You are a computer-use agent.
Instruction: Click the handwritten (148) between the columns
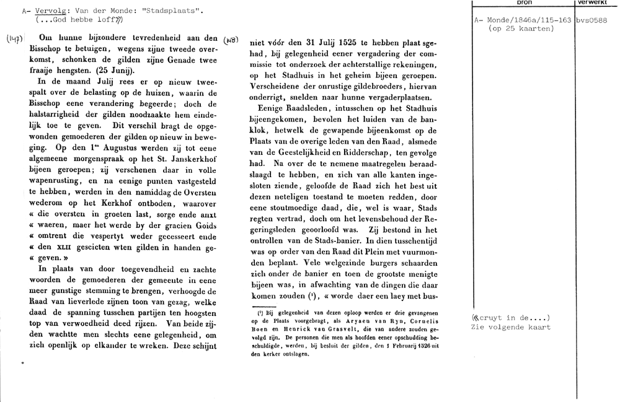(x=229, y=39)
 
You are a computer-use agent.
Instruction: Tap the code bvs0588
(x=591, y=20)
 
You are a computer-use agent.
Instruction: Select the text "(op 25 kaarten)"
(x=521, y=28)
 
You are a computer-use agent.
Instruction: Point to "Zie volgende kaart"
(x=511, y=328)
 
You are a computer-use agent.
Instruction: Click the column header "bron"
(x=524, y=3)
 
